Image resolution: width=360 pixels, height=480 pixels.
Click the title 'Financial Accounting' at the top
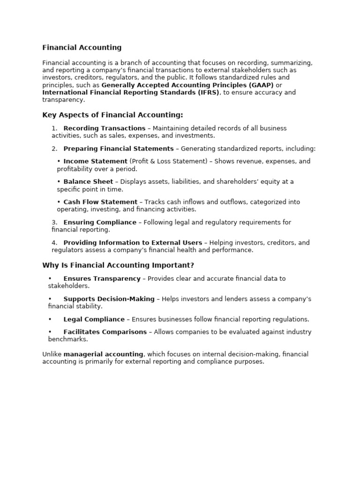[x=82, y=47]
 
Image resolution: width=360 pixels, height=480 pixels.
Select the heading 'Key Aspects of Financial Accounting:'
[x=112, y=115]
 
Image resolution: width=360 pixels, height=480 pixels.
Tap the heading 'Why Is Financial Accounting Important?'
[x=118, y=265]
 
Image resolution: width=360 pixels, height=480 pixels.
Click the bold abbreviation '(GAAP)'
[x=261, y=85]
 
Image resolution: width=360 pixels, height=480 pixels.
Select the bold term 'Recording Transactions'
[x=105, y=128]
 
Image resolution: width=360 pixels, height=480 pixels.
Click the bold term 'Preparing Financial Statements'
[x=119, y=149]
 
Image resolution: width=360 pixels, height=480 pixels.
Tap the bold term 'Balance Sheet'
[x=88, y=182]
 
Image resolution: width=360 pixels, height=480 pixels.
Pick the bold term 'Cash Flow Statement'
[x=100, y=202]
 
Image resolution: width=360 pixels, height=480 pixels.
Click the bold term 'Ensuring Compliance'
[x=100, y=223]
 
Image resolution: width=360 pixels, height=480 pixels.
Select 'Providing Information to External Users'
[x=133, y=243]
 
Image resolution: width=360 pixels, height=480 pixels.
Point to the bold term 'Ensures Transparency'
[x=102, y=278]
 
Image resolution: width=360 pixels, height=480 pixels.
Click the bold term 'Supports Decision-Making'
[x=109, y=299]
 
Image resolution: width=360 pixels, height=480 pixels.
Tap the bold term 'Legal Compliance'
[x=94, y=320]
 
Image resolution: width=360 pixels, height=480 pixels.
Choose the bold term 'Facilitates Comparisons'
[x=105, y=332]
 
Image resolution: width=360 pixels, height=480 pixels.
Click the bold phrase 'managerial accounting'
[x=104, y=354]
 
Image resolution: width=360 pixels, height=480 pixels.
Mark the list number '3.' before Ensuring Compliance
[x=54, y=223]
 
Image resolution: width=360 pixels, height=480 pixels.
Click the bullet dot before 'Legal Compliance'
[x=50, y=320]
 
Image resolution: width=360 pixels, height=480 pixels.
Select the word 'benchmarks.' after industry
[x=68, y=339]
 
